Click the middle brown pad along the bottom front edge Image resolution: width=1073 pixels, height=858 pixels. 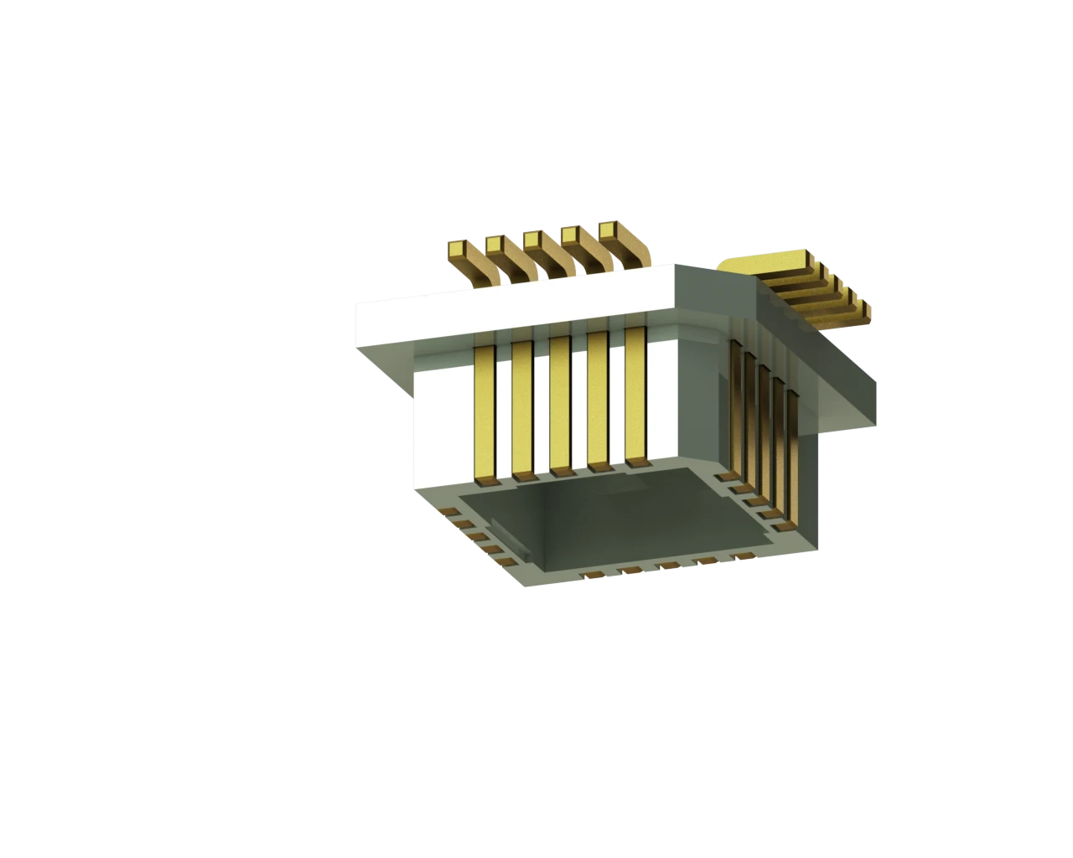click(668, 566)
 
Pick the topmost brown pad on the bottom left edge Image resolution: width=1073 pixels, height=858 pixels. click(448, 510)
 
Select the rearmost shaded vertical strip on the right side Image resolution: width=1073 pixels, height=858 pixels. click(737, 402)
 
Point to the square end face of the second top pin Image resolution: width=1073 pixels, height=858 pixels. click(495, 244)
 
